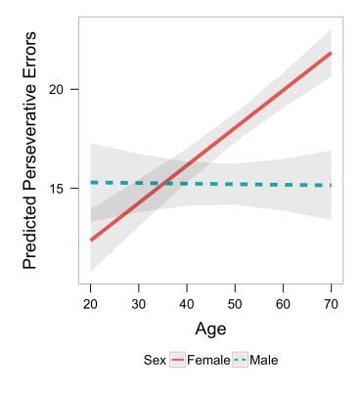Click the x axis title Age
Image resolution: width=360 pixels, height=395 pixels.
(211, 329)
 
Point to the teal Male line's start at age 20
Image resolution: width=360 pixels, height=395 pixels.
(90, 182)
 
